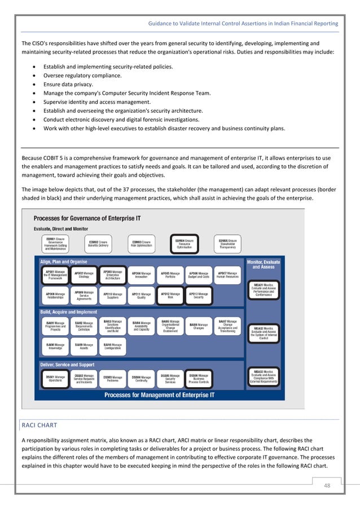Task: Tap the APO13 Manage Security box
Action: click(198, 295)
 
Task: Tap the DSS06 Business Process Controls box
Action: click(198, 378)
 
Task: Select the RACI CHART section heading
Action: click(40, 425)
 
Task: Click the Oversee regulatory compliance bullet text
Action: click(82, 76)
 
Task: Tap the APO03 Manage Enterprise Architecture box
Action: click(112, 275)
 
